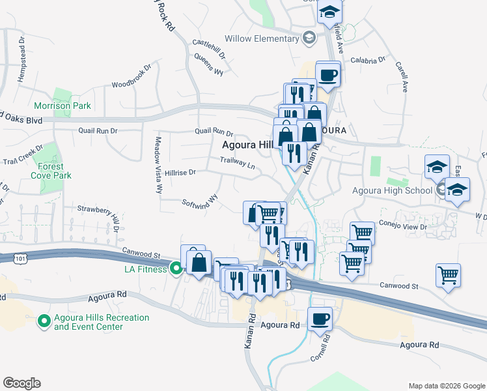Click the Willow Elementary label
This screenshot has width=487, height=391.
261,38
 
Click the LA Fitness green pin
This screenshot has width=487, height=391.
176,268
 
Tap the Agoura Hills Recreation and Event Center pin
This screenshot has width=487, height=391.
44,321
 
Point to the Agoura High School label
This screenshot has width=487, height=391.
392,190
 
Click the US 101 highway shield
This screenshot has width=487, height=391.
20,259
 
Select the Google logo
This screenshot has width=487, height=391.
21,383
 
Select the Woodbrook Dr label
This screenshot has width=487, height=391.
131,83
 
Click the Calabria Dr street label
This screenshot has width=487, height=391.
369,61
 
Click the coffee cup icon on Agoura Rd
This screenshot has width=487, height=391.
320,319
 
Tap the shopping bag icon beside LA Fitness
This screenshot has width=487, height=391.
200,263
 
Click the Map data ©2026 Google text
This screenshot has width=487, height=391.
446,386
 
